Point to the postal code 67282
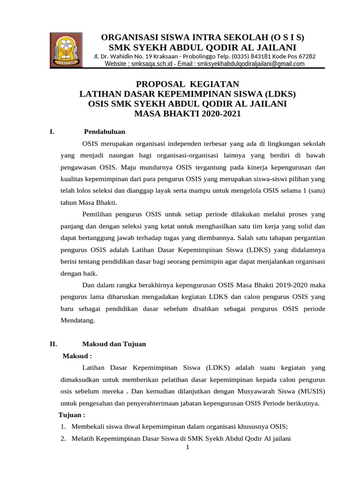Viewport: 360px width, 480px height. coord(305,56)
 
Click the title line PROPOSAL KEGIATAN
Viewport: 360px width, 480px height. coord(187,84)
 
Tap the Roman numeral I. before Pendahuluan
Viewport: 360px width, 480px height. coord(52,132)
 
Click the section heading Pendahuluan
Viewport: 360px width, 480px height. coord(105,132)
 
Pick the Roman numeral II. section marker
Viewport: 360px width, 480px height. coord(53,344)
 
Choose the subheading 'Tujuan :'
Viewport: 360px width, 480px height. coord(71,415)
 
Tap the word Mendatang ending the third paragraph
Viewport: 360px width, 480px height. coord(78,321)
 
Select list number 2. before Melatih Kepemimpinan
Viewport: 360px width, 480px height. coord(63,439)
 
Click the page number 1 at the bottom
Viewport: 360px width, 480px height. coord(187,448)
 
